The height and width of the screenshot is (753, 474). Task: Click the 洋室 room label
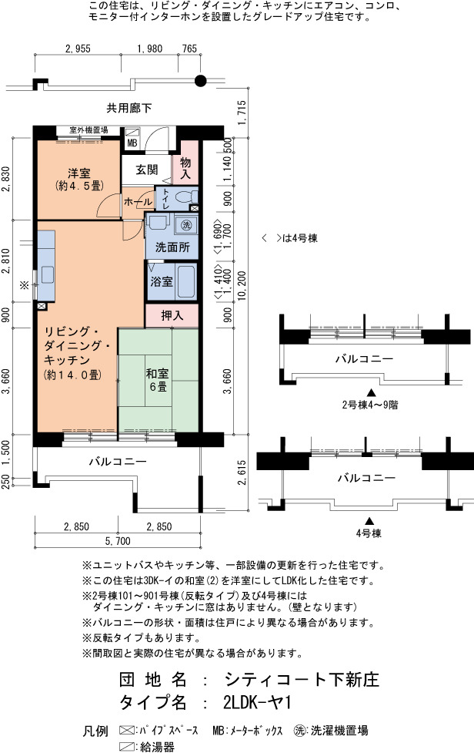coord(79,173)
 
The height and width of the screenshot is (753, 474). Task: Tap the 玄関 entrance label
coord(147,170)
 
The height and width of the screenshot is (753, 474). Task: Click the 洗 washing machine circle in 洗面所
coord(186,224)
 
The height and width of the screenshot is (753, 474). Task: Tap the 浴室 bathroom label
coord(162,281)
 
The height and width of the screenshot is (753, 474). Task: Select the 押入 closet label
coord(172,315)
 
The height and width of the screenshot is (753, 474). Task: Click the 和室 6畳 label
coord(158,379)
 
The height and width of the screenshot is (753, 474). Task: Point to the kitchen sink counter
coord(46,266)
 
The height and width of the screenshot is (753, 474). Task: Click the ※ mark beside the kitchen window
coord(24,285)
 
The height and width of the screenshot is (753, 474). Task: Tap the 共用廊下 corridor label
coord(129,108)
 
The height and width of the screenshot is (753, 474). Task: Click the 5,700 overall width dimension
coord(118,541)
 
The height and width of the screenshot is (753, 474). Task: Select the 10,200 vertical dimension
coord(242,285)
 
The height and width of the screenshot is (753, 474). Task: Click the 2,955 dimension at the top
coord(78,49)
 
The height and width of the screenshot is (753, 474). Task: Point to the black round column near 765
coord(201,81)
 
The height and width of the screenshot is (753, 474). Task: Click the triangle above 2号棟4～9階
coord(369,392)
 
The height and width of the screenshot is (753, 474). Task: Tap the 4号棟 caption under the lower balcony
coord(369,533)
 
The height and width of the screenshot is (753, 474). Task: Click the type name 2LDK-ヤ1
coord(257,703)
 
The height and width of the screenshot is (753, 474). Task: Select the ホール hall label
coord(138,202)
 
